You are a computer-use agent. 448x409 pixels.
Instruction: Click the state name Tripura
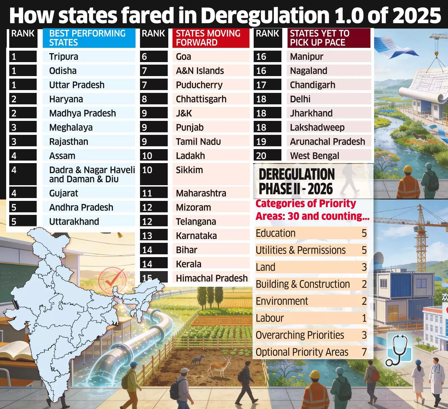click(x=64, y=57)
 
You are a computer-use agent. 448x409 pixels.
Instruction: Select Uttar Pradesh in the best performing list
click(x=77, y=85)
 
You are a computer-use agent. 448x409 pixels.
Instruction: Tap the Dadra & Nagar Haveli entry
click(x=92, y=174)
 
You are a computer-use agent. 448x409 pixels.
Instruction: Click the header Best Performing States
click(x=87, y=38)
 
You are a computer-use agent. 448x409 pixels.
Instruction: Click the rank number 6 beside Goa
click(x=144, y=57)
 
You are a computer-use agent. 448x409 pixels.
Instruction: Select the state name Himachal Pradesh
click(x=212, y=278)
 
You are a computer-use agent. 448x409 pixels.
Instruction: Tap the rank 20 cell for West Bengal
click(x=261, y=156)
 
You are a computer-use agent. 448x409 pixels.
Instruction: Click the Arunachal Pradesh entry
click(x=327, y=142)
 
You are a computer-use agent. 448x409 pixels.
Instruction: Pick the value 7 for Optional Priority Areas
click(x=364, y=352)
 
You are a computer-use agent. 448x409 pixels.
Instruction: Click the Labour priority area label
click(x=270, y=318)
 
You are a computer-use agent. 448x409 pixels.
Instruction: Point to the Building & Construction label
click(x=302, y=284)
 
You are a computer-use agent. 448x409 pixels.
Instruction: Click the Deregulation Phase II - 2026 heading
click(x=296, y=182)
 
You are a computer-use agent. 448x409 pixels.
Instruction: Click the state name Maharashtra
click(x=201, y=193)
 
